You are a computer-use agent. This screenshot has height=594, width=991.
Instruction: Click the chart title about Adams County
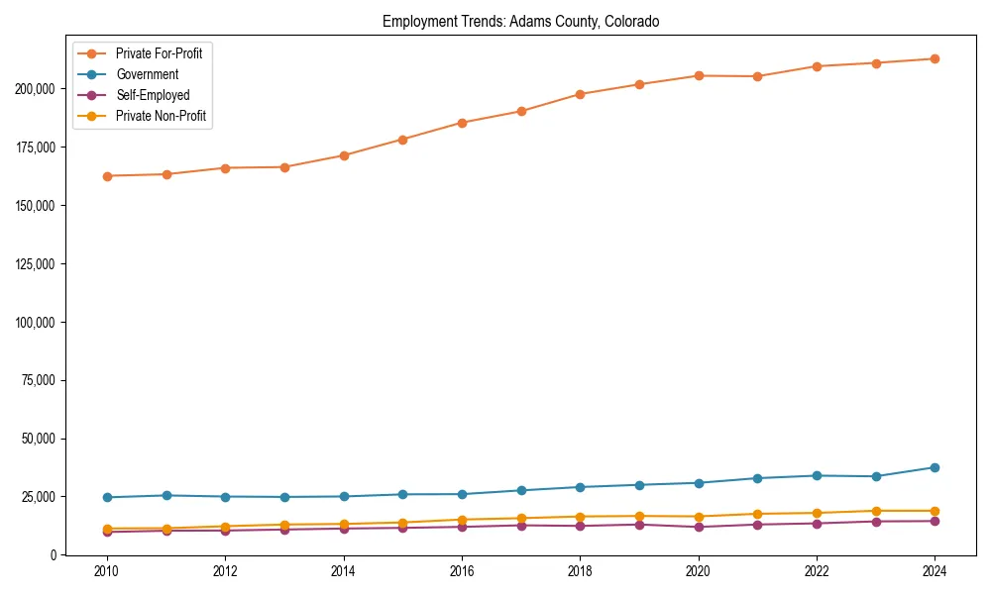coord(520,21)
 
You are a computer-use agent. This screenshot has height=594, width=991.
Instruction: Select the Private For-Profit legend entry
coord(159,53)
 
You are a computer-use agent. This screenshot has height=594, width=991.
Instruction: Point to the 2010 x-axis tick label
coord(107,571)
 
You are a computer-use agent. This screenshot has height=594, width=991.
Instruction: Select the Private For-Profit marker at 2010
coord(107,176)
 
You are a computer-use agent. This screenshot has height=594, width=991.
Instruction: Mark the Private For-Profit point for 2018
coord(580,94)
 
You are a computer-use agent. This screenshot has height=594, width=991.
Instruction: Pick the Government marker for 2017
coord(521,490)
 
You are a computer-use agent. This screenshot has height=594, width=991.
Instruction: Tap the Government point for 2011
coord(166,495)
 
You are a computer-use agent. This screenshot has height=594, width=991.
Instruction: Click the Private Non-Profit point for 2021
coord(757,514)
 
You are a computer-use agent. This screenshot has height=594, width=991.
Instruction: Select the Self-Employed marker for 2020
coord(698,527)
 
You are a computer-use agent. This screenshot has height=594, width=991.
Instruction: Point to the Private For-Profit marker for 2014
coord(344,155)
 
